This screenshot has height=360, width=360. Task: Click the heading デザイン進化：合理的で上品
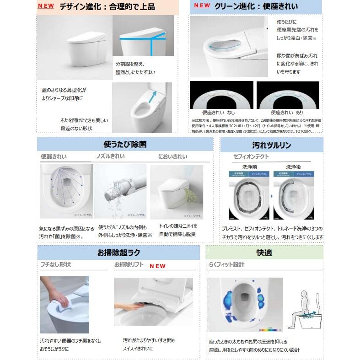coord(107,7)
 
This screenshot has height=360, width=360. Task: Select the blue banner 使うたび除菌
coord(125,145)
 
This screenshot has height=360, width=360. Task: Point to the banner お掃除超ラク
coord(118,252)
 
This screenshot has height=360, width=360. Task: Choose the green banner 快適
coord(264,252)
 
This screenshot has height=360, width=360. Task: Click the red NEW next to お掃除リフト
coord(157,266)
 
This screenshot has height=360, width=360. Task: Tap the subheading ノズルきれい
coord(110,157)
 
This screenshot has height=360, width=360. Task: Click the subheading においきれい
coord(173,157)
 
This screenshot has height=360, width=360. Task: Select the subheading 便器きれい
coord(54,157)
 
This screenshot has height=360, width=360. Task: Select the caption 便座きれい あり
coord(287,112)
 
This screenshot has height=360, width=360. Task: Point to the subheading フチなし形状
coord(55,264)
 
